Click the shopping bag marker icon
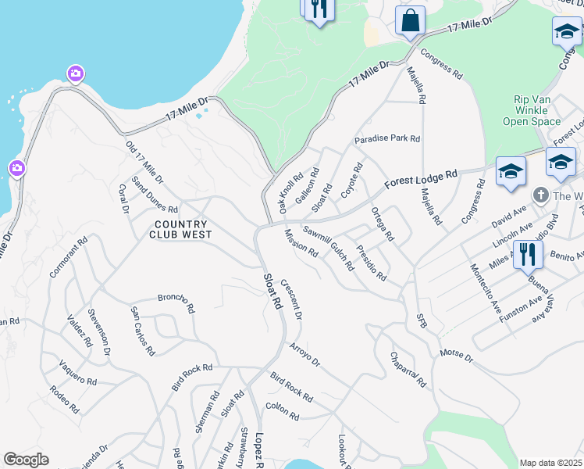[410, 21]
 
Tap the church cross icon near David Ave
[540, 195]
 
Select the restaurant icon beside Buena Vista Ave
[528, 254]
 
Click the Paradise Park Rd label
[387, 139]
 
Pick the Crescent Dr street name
[290, 300]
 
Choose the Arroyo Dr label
[304, 354]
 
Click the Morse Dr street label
[457, 356]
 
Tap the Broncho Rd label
[176, 302]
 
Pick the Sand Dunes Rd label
[155, 195]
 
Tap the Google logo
[26, 460]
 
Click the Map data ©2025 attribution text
[550, 463]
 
